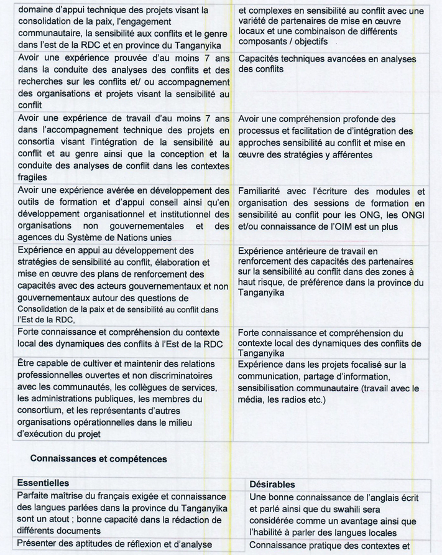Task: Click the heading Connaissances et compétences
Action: [x=98, y=459]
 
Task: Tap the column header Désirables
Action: [x=272, y=484]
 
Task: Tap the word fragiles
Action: [x=34, y=177]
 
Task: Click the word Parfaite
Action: [x=37, y=497]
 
